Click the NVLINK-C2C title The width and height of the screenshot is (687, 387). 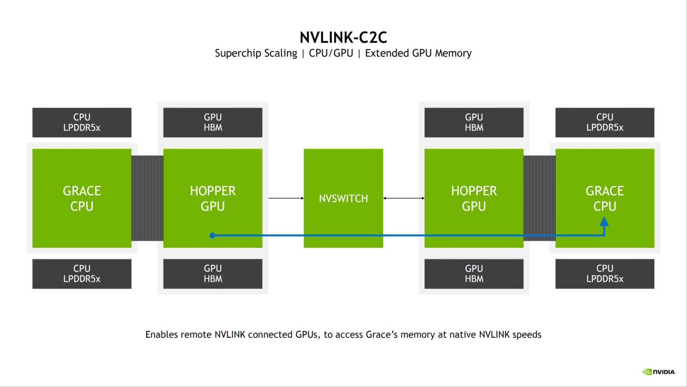tap(343, 37)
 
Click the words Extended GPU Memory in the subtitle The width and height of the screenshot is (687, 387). tap(418, 53)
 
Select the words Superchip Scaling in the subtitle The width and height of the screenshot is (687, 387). tap(256, 53)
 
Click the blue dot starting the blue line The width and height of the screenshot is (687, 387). tap(212, 236)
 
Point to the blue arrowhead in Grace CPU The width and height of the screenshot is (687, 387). tap(604, 222)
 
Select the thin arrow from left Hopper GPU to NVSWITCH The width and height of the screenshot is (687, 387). tap(285, 198)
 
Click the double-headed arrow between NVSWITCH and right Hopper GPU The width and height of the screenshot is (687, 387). tap(403, 198)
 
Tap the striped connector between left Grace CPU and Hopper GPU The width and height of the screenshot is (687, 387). tap(147, 198)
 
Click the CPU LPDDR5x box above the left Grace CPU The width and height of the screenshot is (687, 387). tap(82, 123)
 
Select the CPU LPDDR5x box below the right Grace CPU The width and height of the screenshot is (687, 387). tap(604, 274)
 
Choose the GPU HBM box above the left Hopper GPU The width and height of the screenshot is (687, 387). tap(213, 123)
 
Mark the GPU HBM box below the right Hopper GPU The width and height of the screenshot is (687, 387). tap(473, 274)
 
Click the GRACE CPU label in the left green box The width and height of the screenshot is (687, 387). tap(82, 198)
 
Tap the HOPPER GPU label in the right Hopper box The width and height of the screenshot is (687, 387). tap(473, 198)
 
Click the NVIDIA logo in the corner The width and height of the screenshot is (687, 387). tap(658, 372)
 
